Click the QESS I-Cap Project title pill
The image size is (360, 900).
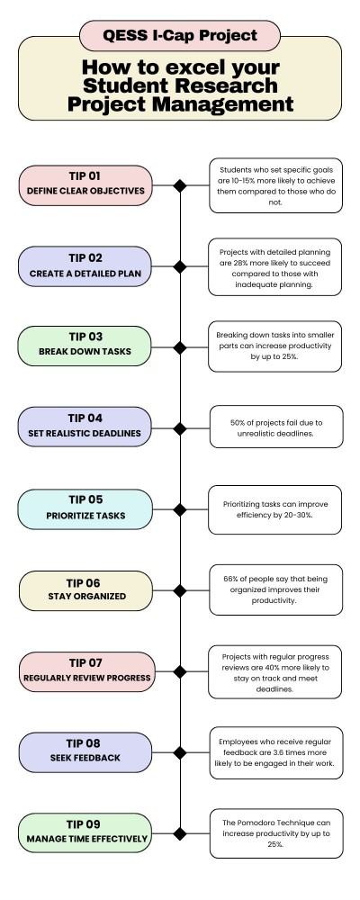pyautogui.click(x=180, y=36)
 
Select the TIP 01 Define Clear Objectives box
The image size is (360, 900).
pyautogui.click(x=85, y=185)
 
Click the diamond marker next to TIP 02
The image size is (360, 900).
pyautogui.click(x=180, y=266)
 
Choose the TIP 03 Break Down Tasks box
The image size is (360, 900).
pyautogui.click(x=85, y=346)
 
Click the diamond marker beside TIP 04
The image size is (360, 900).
pyautogui.click(x=180, y=428)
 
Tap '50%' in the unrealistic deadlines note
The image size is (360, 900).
pyautogui.click(x=238, y=422)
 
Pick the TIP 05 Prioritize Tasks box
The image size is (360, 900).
pyautogui.click(x=85, y=509)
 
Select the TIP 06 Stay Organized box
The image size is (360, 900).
pyautogui.click(x=86, y=590)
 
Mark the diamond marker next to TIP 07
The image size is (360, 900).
pyautogui.click(x=180, y=671)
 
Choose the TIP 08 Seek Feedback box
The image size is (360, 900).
pyautogui.click(x=85, y=752)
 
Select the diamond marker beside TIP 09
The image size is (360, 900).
pyautogui.click(x=180, y=833)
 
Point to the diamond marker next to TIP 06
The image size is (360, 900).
pyautogui.click(x=180, y=590)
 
